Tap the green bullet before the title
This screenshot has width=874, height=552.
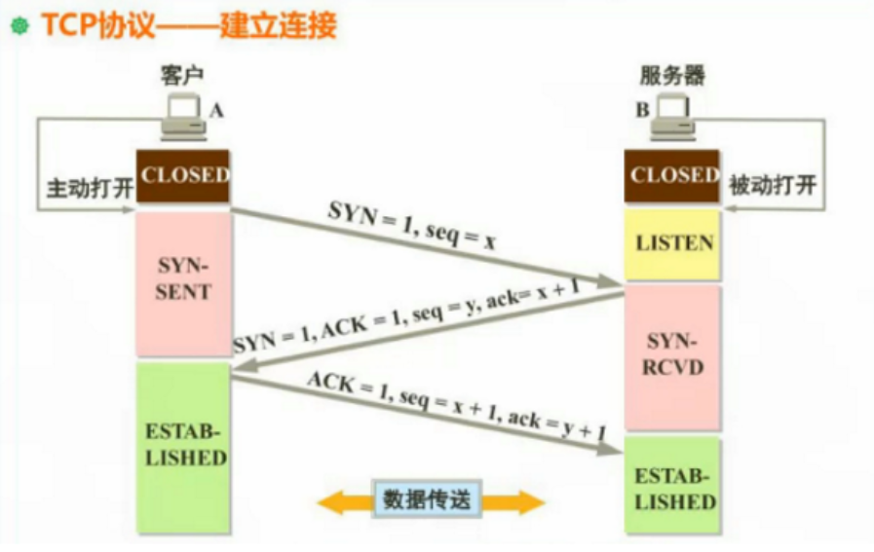[18, 26]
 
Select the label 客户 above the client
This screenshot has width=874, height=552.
[183, 75]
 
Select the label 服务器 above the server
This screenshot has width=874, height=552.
[671, 75]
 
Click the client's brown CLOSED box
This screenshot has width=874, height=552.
[183, 176]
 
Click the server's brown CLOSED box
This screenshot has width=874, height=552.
[671, 176]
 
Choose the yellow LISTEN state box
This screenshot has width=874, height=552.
[671, 243]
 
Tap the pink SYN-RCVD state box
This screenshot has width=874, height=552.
[671, 356]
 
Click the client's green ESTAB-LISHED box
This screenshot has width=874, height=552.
[183, 446]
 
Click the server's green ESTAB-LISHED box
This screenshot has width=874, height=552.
[671, 488]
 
